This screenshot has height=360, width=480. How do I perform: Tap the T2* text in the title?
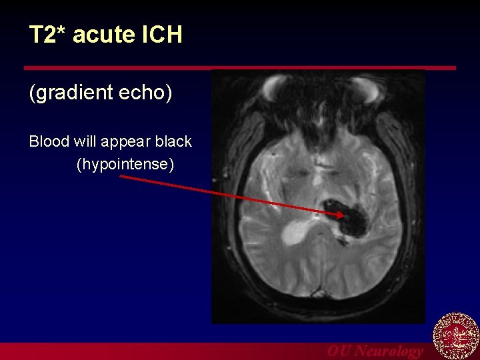click(47, 35)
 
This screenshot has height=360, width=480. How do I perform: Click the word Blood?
click(49, 141)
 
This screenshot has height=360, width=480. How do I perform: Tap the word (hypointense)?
click(125, 163)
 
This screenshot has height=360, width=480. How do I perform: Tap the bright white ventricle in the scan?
click(296, 231)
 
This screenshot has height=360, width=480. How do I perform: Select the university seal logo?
click(456, 336)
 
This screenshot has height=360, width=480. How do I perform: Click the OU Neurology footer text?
click(375, 351)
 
